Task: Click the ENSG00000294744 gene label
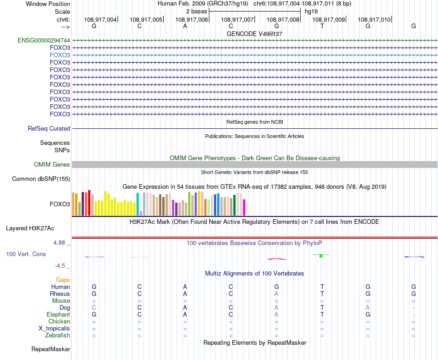[44, 40]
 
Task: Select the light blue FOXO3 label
[60, 55]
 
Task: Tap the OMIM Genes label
[52, 165]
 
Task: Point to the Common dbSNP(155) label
[41, 179]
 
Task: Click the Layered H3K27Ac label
[30, 228]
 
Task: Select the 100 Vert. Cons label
[26, 254]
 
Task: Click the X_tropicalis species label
[54, 329]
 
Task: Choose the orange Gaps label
[63, 280]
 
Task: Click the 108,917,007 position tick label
[237, 20]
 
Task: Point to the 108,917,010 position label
[374, 20]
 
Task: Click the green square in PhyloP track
[321, 256]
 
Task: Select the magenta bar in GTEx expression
[244, 207]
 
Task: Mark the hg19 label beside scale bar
[311, 11]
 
